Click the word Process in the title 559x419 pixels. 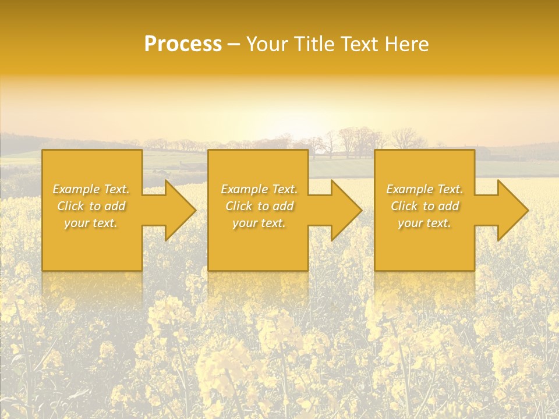183,44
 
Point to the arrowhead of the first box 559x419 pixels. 178,210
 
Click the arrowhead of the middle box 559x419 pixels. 344,210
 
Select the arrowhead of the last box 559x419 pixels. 510,210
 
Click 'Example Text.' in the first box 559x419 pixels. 91,189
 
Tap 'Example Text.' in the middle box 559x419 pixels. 259,189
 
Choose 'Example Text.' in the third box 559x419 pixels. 424,189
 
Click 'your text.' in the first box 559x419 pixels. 91,223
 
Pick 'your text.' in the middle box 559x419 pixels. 259,223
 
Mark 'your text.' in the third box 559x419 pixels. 424,223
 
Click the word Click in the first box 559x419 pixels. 70,206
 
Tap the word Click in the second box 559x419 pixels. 239,206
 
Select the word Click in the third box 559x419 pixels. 404,206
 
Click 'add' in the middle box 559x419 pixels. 282,206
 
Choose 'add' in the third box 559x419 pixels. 448,206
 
